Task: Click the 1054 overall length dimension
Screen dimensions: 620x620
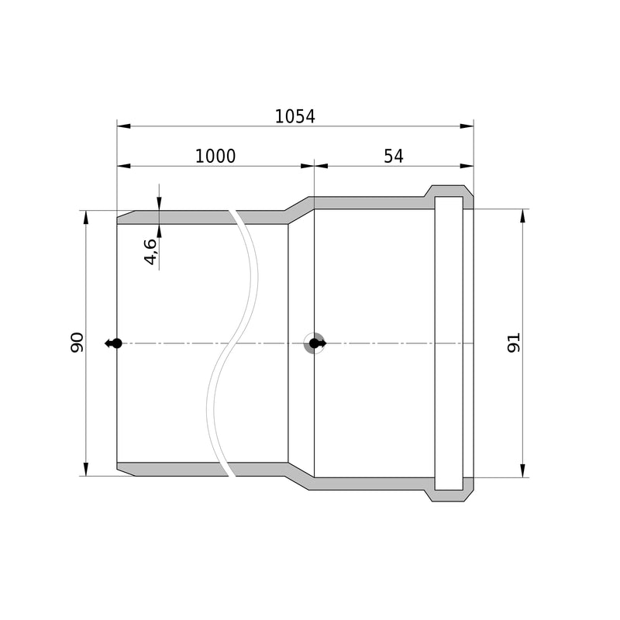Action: (295, 117)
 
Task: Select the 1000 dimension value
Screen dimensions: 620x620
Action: (215, 157)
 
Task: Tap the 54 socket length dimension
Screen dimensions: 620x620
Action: (394, 157)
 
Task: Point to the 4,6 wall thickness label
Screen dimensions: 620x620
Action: (150, 252)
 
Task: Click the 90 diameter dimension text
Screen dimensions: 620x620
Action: (77, 343)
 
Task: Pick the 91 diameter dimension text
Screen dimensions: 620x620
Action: (514, 343)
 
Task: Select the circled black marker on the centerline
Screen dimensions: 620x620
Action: (315, 343)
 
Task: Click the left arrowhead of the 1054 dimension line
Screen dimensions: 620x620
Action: (124, 126)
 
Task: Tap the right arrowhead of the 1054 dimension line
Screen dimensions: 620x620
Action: (467, 126)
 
